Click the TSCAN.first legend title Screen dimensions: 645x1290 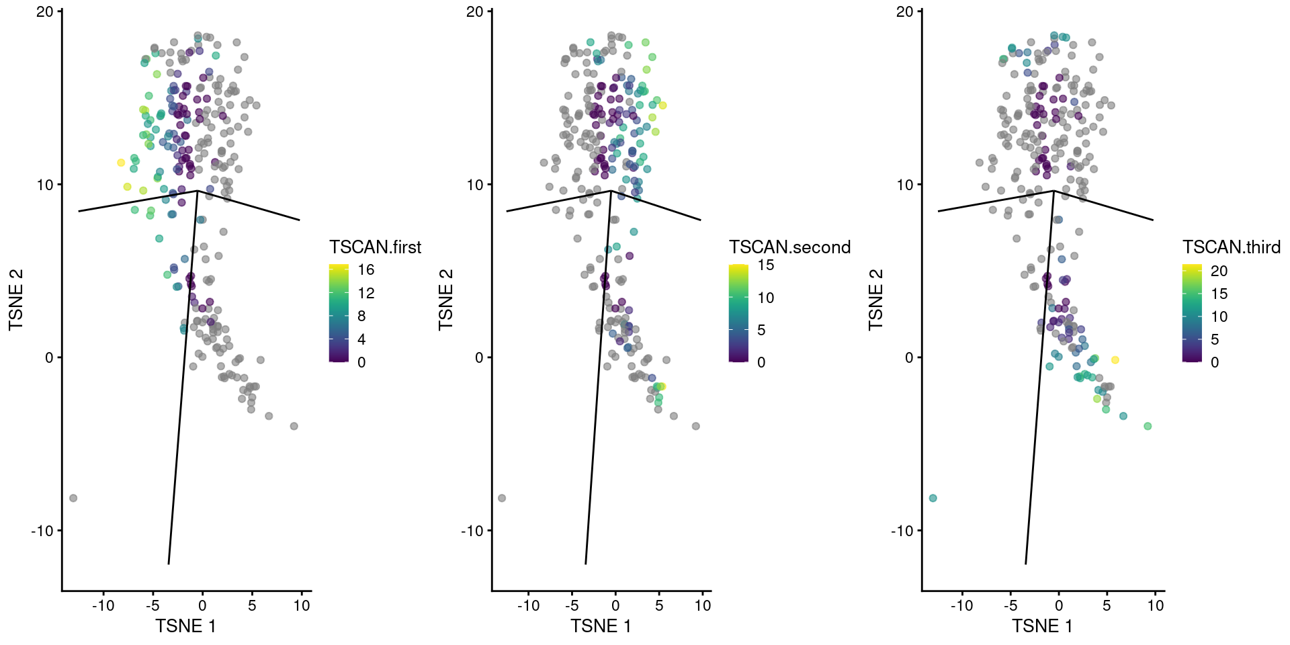pos(375,247)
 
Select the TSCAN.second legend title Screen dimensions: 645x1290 pos(789,247)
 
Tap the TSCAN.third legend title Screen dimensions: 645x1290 pos(1231,247)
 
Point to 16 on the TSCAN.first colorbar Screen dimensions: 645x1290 pos(365,270)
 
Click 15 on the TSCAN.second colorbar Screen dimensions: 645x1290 pos(765,265)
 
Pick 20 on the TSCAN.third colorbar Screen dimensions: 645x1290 pos(1219,271)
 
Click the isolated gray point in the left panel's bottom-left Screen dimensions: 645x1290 pos(73,498)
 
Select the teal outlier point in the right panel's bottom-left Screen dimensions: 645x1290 pos(933,498)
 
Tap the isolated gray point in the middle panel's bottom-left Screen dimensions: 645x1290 pos(502,498)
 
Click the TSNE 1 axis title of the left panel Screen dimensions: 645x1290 pos(185,626)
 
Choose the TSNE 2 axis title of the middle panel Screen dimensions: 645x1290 pos(446,300)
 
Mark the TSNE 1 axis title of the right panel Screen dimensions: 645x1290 pos(1042,626)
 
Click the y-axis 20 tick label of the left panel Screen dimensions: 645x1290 pos(44,11)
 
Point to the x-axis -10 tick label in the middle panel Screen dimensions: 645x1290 pos(528,605)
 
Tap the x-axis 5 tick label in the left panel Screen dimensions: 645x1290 pos(252,605)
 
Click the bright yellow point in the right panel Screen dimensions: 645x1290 pos(1115,360)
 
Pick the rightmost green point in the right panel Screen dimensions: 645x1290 pos(1148,426)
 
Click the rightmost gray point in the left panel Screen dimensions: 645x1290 pos(294,426)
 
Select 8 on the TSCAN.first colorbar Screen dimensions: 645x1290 pos(361,316)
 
